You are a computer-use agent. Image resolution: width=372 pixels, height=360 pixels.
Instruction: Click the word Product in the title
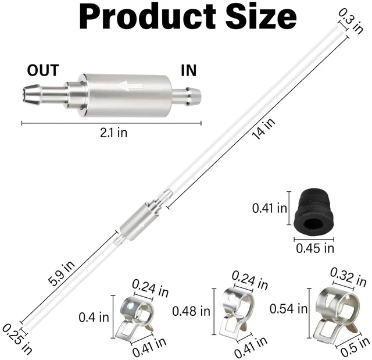(147, 17)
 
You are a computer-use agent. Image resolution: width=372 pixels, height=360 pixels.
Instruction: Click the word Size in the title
(261, 16)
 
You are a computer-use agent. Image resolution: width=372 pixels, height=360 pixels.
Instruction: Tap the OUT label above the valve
(43, 70)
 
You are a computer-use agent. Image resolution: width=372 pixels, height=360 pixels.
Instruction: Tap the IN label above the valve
(188, 70)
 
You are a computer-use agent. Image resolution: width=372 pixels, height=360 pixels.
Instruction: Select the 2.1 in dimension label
(114, 133)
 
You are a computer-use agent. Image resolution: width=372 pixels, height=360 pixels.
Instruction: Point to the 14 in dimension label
(263, 129)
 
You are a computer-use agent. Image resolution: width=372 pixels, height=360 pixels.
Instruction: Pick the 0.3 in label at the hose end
(350, 22)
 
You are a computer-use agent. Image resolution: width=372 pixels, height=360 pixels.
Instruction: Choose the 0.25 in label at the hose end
(17, 340)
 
